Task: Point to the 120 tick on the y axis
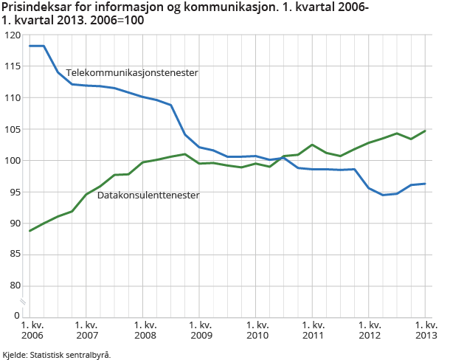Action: click(12, 35)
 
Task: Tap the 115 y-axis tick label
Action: click(12, 66)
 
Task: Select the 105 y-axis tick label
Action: click(12, 129)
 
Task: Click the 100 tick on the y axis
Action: click(12, 160)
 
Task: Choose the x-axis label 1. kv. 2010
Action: click(256, 330)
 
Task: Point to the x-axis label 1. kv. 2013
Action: click(425, 330)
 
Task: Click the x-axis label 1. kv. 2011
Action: click(313, 330)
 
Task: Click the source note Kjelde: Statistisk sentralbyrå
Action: click(57, 354)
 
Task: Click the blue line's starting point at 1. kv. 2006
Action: click(30, 46)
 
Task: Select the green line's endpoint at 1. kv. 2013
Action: click(426, 131)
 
